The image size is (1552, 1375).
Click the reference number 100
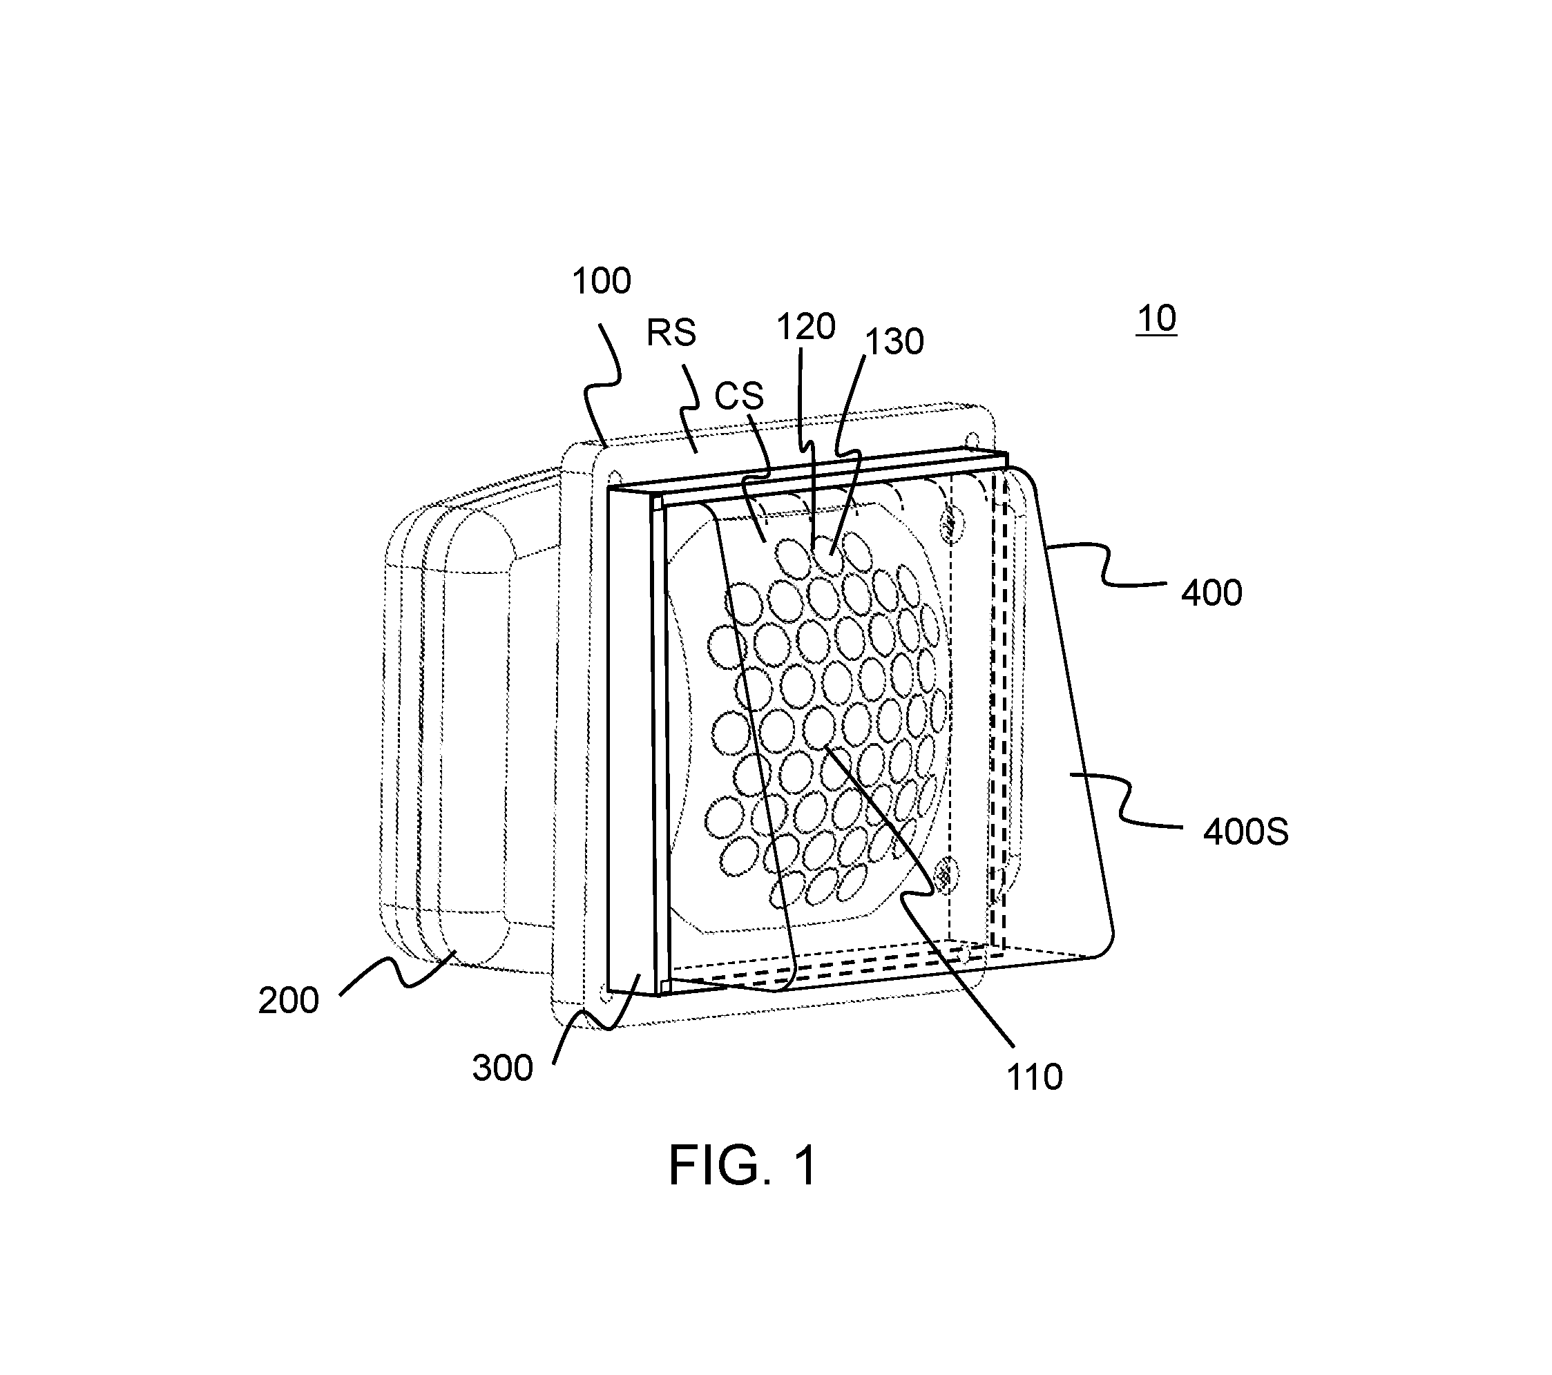click(x=602, y=282)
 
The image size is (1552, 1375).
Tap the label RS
click(x=671, y=333)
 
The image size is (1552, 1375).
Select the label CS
click(x=739, y=396)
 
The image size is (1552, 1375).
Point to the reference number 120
click(x=805, y=327)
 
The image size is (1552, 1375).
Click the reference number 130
click(x=894, y=343)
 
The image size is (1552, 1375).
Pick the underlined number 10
click(x=1156, y=319)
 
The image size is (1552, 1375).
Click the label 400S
click(x=1246, y=833)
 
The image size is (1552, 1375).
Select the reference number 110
click(x=1034, y=1077)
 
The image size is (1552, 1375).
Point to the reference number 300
click(x=503, y=1068)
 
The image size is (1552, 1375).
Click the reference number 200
click(x=289, y=1001)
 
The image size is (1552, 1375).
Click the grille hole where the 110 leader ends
click(x=818, y=727)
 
